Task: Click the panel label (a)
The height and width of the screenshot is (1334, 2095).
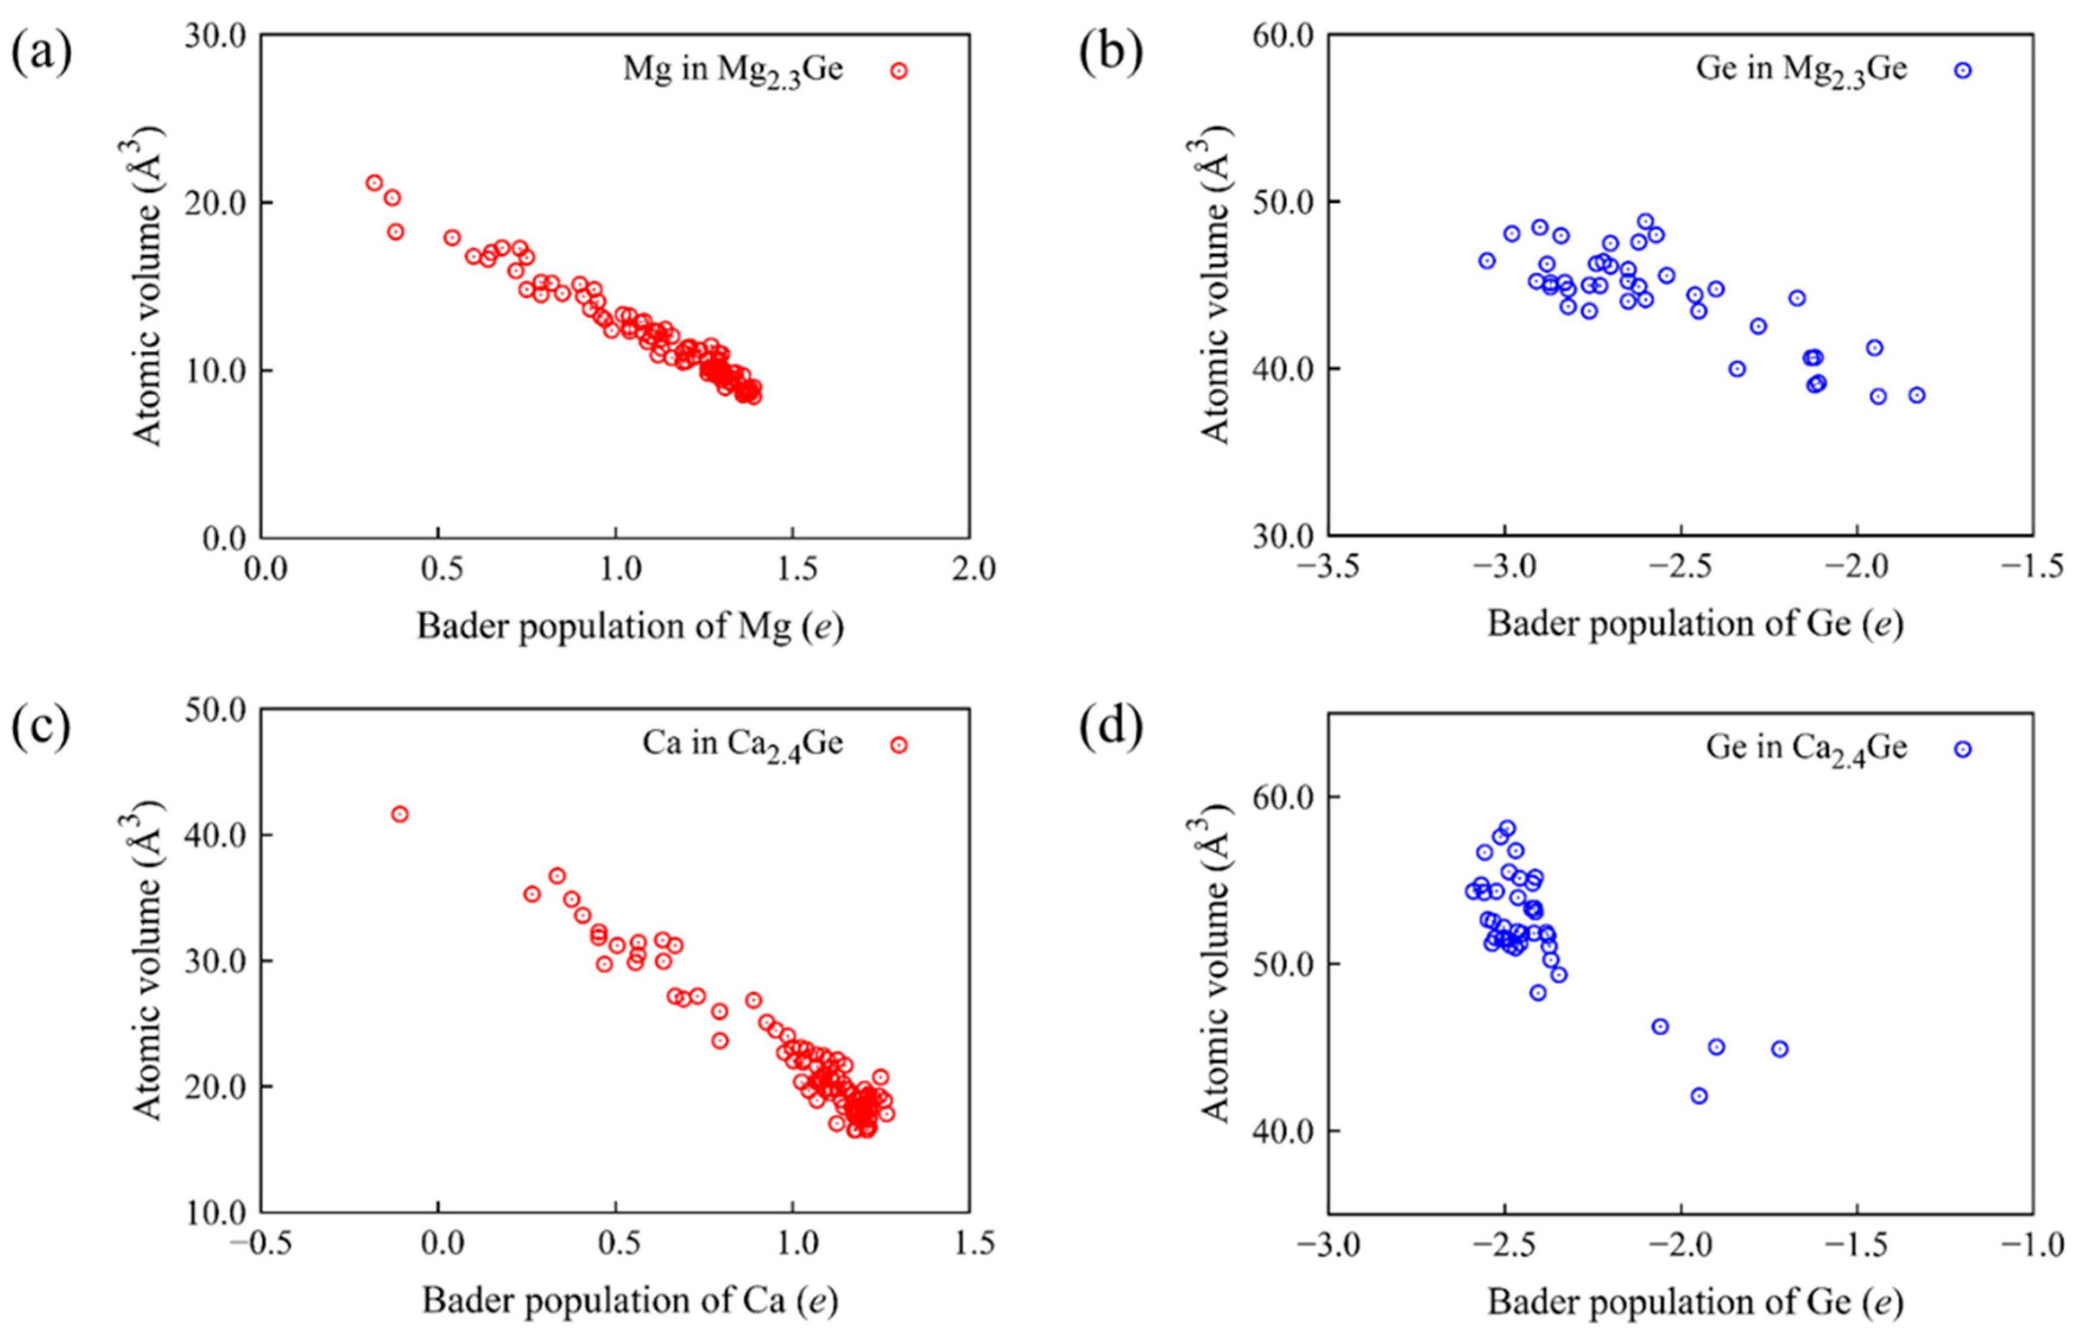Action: coord(41,54)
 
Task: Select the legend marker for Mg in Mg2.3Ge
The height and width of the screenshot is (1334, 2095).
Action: coord(898,71)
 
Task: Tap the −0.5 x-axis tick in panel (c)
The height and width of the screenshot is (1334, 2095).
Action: coord(260,1244)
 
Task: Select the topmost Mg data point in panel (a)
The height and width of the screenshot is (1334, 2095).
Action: coord(374,183)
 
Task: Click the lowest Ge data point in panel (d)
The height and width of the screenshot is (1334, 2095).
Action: coord(1699,1095)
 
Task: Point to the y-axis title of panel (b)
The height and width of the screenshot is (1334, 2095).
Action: coord(1216,287)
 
